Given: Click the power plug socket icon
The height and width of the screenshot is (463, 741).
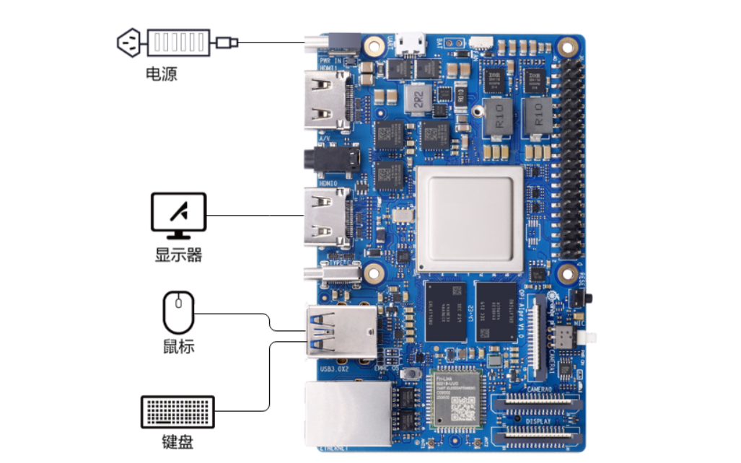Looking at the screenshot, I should [129, 43].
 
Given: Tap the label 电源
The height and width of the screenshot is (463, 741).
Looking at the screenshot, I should [161, 74].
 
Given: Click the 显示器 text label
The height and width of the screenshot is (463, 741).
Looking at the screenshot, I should [178, 255].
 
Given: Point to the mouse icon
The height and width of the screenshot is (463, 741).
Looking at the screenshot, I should [178, 312].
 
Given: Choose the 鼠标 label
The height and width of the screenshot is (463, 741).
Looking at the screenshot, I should [178, 347].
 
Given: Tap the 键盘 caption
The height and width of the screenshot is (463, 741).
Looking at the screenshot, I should [177, 442].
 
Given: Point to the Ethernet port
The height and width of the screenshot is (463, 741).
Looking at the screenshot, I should [348, 413].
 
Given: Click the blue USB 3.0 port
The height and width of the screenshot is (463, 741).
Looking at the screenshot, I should [341, 332].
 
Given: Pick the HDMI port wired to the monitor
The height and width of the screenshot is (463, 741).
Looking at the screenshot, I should [326, 215].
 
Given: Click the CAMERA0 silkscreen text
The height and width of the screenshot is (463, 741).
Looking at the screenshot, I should [539, 389].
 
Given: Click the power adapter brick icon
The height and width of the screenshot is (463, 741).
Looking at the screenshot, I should [178, 43].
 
